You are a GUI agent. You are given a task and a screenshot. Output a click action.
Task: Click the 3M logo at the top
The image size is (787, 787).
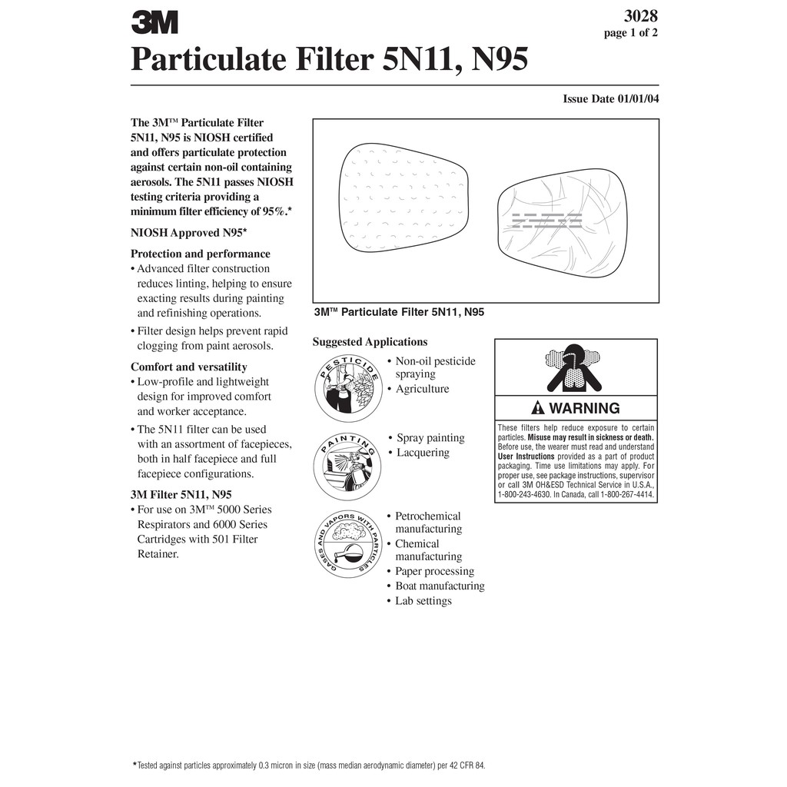[x=154, y=22]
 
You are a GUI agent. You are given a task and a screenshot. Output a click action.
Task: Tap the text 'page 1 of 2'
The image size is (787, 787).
[x=630, y=33]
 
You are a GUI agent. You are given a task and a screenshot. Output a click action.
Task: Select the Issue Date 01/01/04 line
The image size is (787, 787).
[x=610, y=99]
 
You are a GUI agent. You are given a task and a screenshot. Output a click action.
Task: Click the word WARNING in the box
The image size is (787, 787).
[x=585, y=408]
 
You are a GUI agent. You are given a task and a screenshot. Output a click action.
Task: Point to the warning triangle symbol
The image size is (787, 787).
[x=538, y=408]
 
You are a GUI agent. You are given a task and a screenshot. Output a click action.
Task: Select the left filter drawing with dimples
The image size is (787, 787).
[x=403, y=197]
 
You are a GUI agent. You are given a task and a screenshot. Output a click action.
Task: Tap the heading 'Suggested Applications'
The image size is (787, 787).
[x=370, y=342]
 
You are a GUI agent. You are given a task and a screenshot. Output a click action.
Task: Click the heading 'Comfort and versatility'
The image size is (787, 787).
[x=189, y=367]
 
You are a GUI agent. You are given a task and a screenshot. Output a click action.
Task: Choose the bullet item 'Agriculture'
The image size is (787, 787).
[x=423, y=389]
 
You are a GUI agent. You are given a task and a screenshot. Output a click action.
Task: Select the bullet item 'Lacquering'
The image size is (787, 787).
[x=423, y=453]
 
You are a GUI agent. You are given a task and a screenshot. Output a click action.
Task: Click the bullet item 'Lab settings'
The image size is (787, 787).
[x=423, y=601]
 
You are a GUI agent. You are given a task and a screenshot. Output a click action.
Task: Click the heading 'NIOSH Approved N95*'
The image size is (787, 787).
[x=188, y=232]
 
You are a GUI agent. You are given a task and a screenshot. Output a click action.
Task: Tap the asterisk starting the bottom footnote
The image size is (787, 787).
[x=136, y=764]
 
